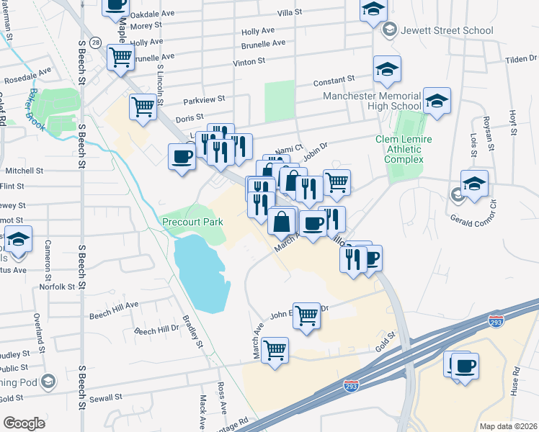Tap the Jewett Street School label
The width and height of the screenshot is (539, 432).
[x=447, y=30]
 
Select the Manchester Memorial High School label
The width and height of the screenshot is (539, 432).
[x=372, y=101]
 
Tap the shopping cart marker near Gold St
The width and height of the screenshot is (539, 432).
[x=275, y=351]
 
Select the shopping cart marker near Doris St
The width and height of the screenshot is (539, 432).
[x=143, y=107]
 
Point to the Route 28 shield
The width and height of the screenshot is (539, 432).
[x=97, y=42]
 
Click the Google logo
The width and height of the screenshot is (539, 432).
[x=24, y=423]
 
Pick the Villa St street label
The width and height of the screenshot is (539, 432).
[x=290, y=13]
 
